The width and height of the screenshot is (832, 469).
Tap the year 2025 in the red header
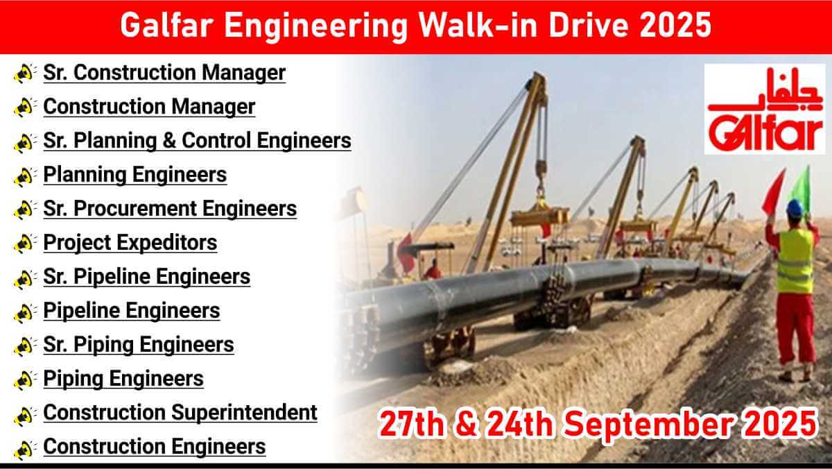pyautogui.click(x=675, y=25)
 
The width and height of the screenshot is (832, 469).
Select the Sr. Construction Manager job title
pyautogui.click(x=164, y=73)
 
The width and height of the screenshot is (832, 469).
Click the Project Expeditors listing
pyautogui.click(x=130, y=243)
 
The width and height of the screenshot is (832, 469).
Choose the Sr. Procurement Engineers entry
pyautogui.click(x=170, y=209)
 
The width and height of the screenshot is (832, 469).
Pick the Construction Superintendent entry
pyautogui.click(x=180, y=413)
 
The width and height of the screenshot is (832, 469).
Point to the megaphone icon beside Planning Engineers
pyautogui.click(x=25, y=176)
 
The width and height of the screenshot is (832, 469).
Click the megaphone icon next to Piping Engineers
pyautogui.click(x=25, y=380)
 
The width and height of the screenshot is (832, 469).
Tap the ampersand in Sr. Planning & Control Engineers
pyautogui.click(x=169, y=141)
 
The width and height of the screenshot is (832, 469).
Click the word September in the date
pyautogui.click(x=648, y=425)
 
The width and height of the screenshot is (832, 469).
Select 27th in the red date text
pyautogui.click(x=410, y=424)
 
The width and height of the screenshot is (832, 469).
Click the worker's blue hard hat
pyautogui.click(x=795, y=207)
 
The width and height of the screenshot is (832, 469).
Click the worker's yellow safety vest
pyautogui.click(x=795, y=260)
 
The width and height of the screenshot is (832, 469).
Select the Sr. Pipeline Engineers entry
pyautogui.click(x=147, y=277)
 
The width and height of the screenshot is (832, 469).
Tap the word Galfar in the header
pyautogui.click(x=167, y=25)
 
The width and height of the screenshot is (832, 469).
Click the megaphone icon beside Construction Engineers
pyautogui.click(x=25, y=450)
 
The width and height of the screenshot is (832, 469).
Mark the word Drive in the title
pyautogui.click(x=589, y=25)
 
